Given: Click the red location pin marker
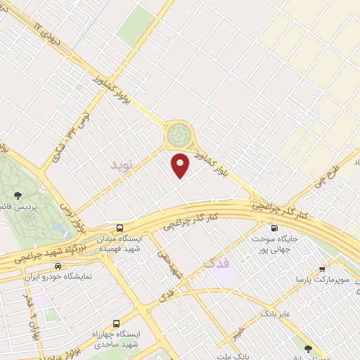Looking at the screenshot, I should (x=181, y=165).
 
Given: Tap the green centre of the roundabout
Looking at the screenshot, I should (x=178, y=132).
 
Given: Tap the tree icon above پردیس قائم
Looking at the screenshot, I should (x=17, y=195).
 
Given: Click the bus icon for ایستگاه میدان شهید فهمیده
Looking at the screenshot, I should (x=120, y=228).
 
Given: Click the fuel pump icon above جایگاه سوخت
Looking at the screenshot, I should (x=274, y=228).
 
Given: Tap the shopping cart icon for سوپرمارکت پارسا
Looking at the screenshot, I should (x=322, y=269).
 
